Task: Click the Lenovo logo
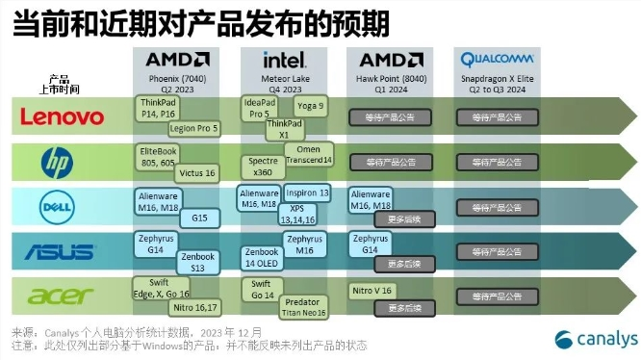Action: point(63,117)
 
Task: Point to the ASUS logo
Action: point(60,252)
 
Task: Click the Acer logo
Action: point(61,296)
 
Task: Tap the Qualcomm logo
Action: point(497,58)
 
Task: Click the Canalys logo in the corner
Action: point(593,338)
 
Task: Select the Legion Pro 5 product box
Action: point(193,127)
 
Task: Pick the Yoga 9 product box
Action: point(310,105)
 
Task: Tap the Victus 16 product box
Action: point(196,172)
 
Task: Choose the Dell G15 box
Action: point(199,218)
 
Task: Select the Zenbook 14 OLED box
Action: point(263,257)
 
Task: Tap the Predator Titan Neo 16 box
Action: point(304,307)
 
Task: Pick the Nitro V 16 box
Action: point(373,289)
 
